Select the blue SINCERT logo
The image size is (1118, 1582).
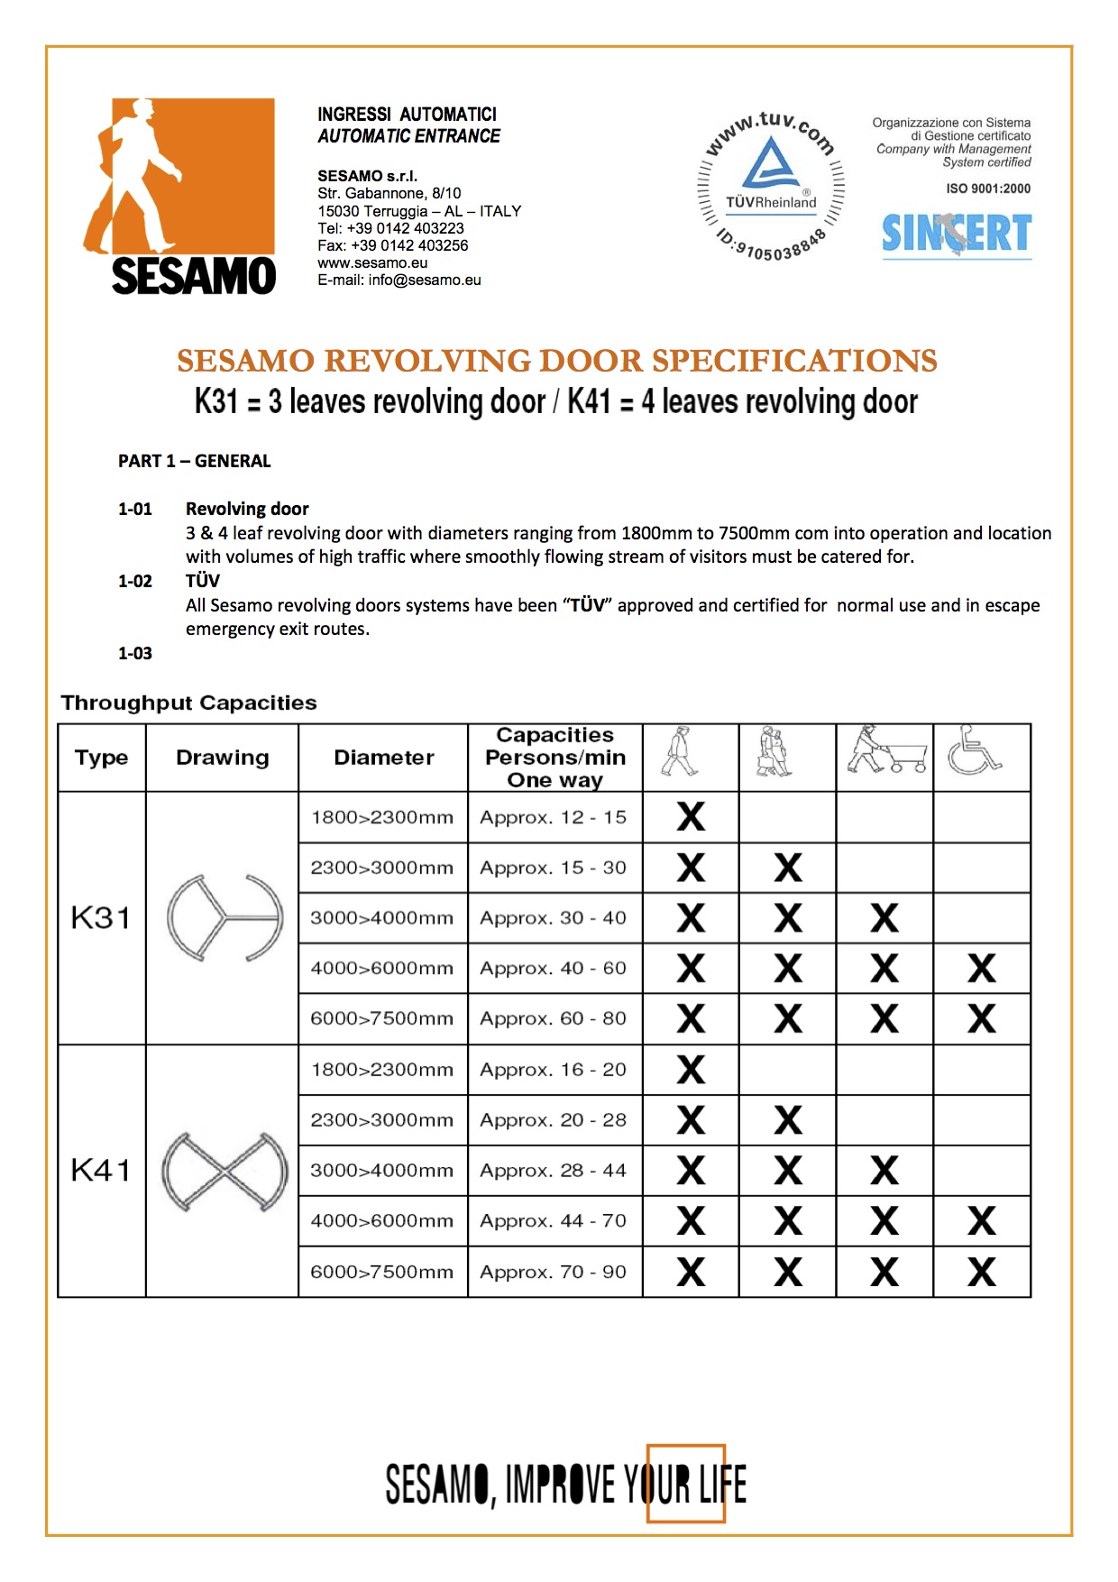[956, 235]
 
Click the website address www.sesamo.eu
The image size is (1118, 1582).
[372, 262]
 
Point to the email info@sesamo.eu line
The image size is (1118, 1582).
[399, 280]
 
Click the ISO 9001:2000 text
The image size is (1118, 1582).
[988, 189]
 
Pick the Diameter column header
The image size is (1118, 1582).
[383, 758]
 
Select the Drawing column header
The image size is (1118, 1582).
[222, 758]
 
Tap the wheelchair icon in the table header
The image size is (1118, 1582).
[976, 750]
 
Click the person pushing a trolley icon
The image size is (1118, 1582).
[885, 750]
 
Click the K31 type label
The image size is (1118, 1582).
[101, 918]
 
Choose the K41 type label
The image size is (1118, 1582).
[101, 1171]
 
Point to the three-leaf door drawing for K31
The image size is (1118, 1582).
[225, 917]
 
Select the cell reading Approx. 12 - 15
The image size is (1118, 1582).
[553, 817]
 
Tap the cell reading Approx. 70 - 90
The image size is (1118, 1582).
[553, 1272]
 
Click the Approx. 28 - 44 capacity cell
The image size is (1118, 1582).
[553, 1171]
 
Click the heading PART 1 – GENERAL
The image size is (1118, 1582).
[194, 461]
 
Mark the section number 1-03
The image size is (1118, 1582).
[135, 653]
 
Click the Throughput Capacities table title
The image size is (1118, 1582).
[188, 703]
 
